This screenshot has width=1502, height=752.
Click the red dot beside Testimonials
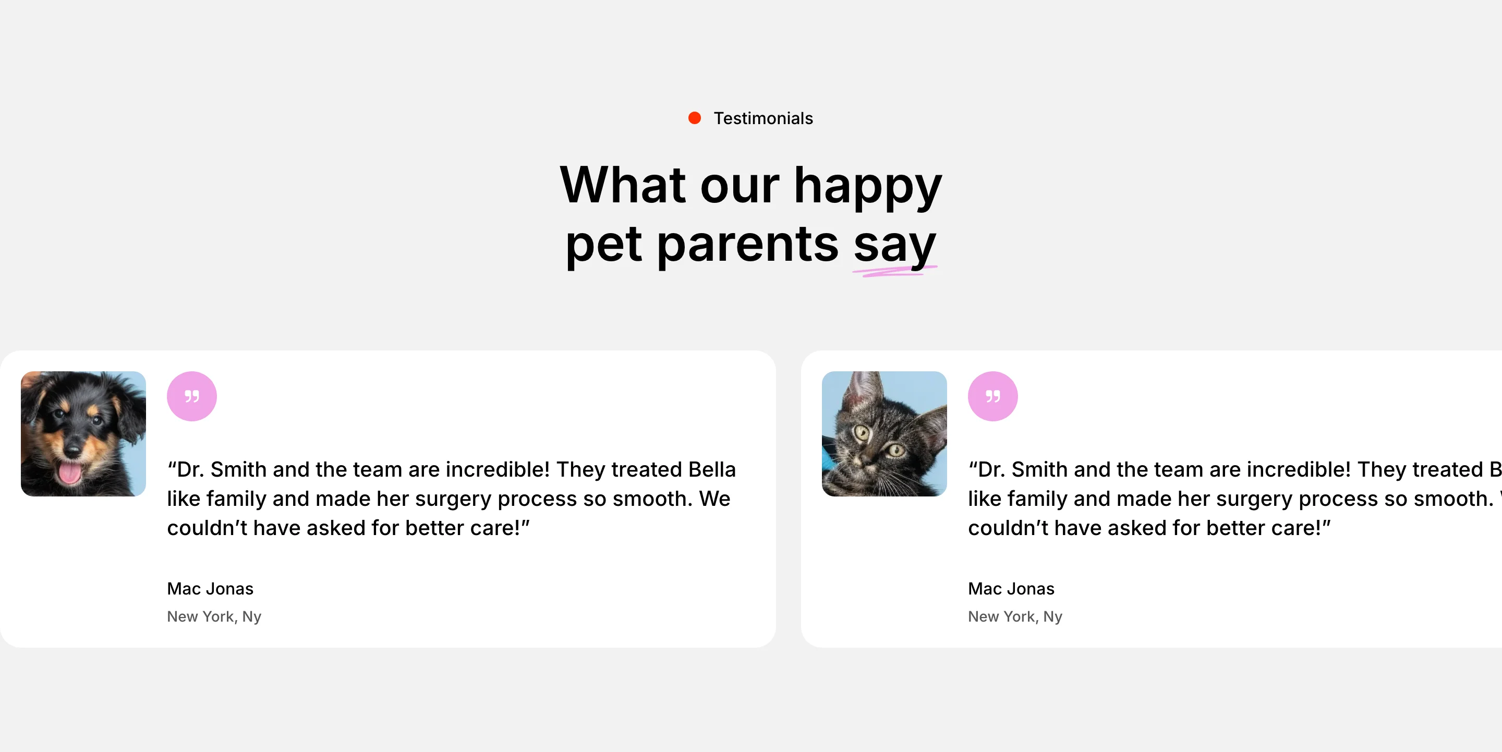(695, 118)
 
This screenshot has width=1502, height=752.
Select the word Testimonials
(763, 118)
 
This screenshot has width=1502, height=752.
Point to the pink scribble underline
(894, 271)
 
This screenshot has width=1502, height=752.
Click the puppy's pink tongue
(69, 472)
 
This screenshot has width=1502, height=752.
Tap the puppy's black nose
(72, 450)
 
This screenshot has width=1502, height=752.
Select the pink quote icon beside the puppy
(192, 396)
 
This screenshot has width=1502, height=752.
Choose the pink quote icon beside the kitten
(993, 396)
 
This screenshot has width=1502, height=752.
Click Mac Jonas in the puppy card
(210, 589)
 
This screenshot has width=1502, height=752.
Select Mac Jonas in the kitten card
(1011, 589)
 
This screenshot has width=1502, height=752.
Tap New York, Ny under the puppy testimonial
(214, 617)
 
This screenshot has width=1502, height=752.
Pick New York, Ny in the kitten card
(1015, 617)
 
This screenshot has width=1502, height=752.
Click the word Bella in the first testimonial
(712, 469)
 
